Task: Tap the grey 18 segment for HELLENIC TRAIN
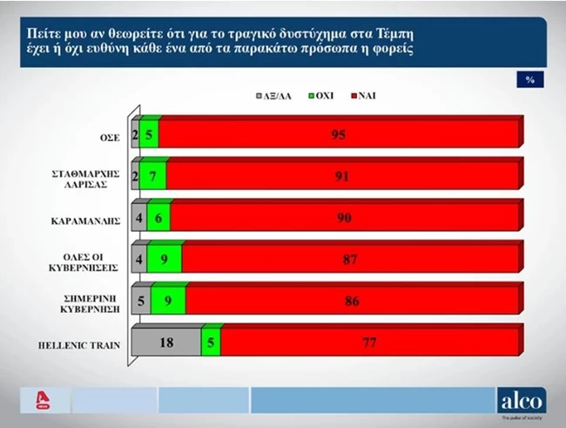(x=165, y=343)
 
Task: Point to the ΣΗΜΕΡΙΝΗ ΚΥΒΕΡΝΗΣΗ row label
(x=93, y=302)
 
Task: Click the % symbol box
(x=529, y=79)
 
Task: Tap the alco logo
(x=522, y=402)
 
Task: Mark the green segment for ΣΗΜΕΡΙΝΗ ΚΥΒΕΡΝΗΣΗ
(x=168, y=301)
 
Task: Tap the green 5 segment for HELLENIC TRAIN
(x=210, y=343)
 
